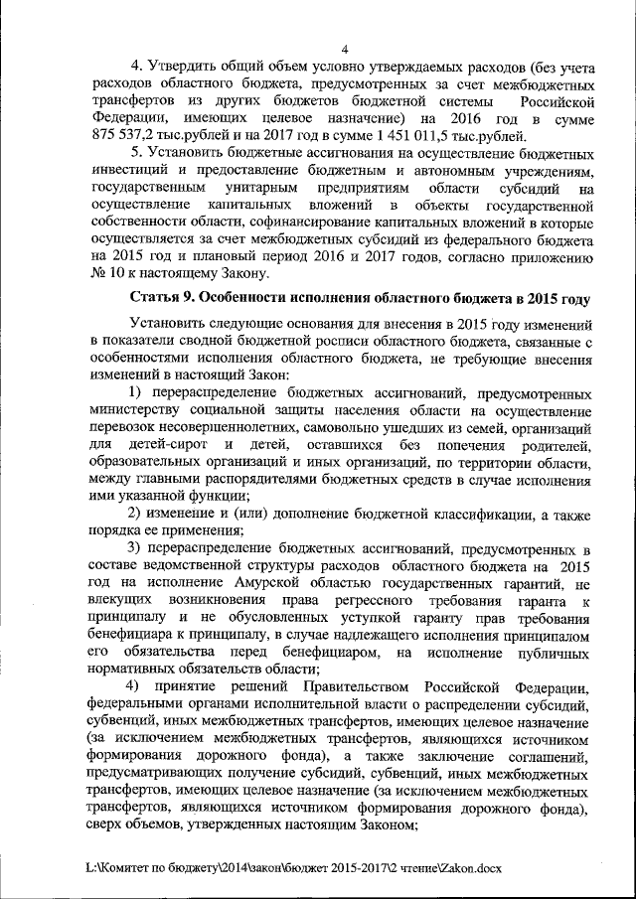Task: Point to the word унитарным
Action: (262, 187)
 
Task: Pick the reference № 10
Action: (106, 273)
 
